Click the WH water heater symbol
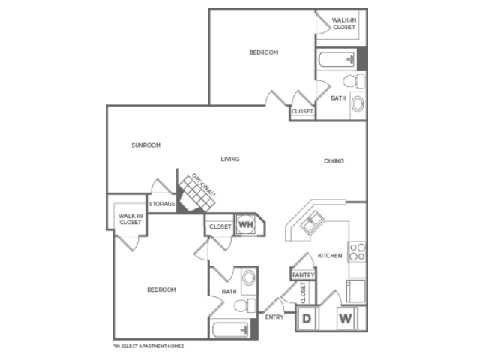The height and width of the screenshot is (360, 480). tap(246, 225)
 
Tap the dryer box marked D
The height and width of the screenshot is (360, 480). tap(307, 318)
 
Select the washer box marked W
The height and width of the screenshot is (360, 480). tap(346, 318)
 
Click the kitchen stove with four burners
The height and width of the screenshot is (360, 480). tap(357, 252)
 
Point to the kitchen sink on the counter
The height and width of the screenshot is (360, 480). tap(312, 222)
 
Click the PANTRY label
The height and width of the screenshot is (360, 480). tap(303, 274)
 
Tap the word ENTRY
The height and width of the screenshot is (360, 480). tap(274, 316)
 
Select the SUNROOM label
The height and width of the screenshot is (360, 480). tap(146, 145)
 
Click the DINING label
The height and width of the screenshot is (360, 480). tap(334, 160)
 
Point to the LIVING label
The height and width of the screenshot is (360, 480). tap(230, 159)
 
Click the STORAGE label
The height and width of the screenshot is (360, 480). tap(162, 204)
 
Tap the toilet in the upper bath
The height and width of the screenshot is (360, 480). tap(354, 81)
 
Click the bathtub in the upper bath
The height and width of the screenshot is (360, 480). tap(337, 59)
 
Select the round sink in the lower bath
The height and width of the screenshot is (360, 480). tap(249, 277)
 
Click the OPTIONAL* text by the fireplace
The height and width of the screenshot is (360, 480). tap(203, 185)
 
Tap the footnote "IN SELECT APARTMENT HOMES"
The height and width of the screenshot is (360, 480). tap(148, 346)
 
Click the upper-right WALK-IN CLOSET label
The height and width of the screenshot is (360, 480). tap(344, 23)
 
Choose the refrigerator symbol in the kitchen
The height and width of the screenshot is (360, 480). tap(355, 291)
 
